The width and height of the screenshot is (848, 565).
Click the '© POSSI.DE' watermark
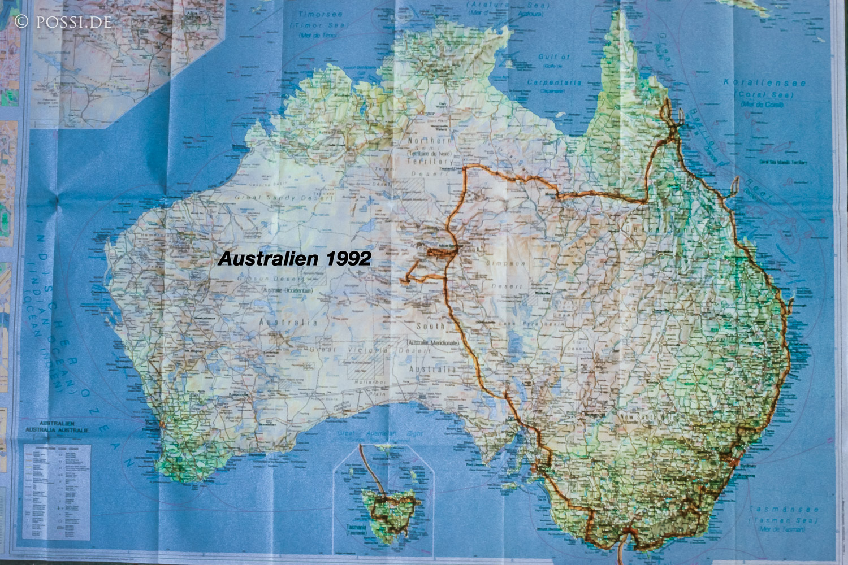coord(63,21)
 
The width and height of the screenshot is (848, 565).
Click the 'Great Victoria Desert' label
coord(370,350)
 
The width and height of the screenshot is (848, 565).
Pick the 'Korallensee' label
coord(765,82)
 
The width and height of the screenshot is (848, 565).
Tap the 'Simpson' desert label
coord(510,263)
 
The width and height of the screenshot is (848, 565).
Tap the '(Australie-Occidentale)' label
coord(287,290)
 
